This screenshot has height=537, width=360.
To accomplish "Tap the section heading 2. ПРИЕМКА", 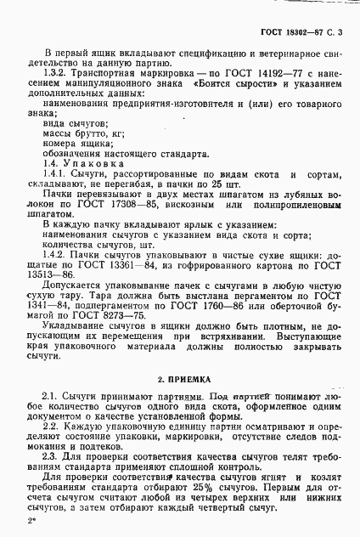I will pyautogui.click(x=180, y=376).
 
